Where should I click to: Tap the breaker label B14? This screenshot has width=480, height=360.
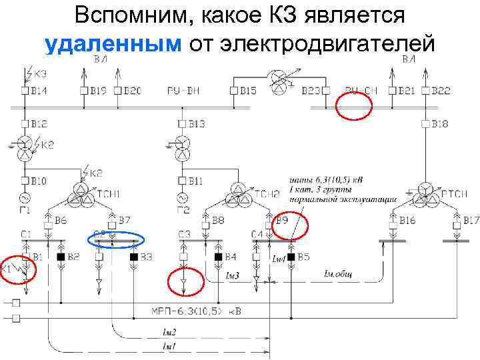(39, 90)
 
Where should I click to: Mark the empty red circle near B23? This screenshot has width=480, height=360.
(353, 105)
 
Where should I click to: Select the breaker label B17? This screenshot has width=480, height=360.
(471, 220)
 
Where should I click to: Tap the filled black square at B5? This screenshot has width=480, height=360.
(291, 257)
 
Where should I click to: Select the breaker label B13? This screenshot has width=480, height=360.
(196, 123)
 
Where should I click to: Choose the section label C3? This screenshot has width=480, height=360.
(185, 234)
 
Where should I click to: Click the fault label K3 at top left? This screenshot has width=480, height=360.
(40, 73)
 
